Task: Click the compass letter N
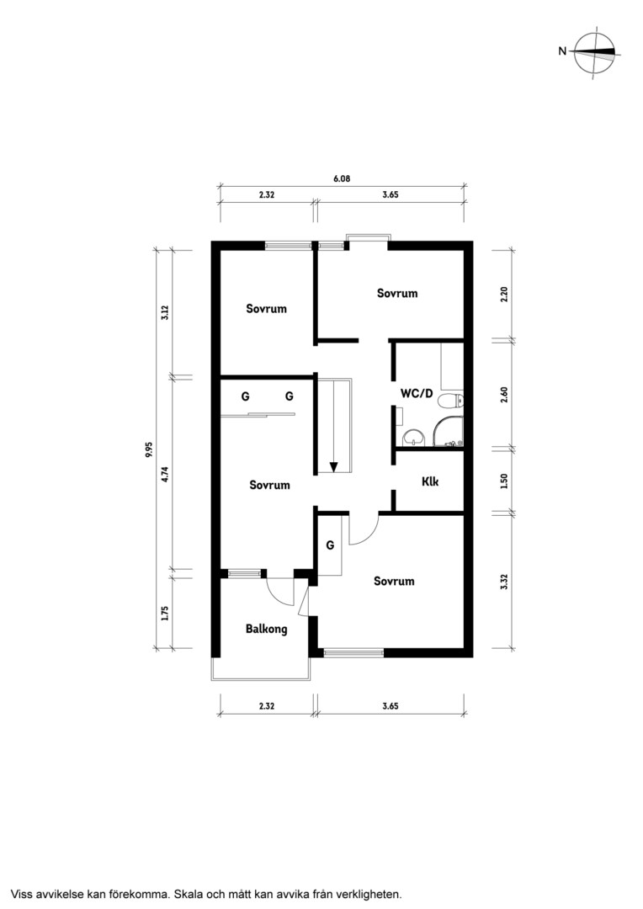tap(562, 51)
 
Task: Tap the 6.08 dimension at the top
tap(342, 178)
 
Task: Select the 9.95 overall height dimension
tap(149, 449)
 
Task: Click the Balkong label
tap(266, 629)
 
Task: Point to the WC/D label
tap(417, 393)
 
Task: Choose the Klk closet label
tap(430, 481)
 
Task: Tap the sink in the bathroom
tap(413, 438)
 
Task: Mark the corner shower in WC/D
tap(449, 432)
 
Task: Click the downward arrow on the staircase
tap(334, 465)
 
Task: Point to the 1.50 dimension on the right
tap(504, 481)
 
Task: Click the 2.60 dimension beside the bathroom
tap(504, 395)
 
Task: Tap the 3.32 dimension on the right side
tap(504, 582)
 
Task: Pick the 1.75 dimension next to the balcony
tap(165, 613)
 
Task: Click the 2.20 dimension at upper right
tap(504, 295)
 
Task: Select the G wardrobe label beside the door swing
tap(330, 545)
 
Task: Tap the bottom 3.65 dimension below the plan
tap(391, 706)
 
